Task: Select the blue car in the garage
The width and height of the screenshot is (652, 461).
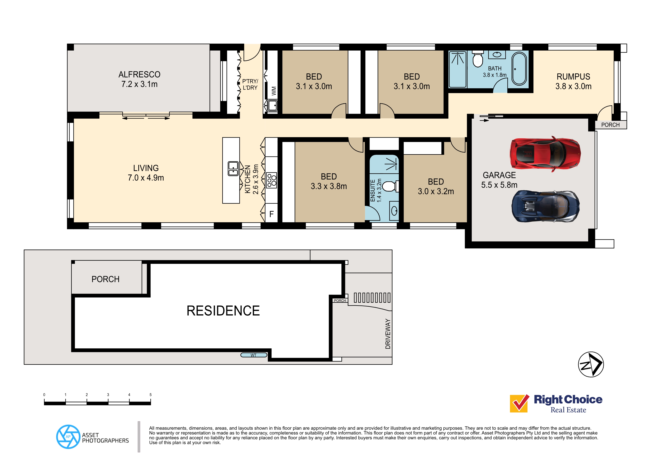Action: (x=545, y=206)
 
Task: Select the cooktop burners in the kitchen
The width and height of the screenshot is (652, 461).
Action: (x=272, y=180)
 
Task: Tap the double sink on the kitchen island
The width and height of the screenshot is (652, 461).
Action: (x=233, y=169)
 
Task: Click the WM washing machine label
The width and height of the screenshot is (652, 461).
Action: (x=273, y=91)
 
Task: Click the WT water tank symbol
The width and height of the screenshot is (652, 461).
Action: (x=254, y=355)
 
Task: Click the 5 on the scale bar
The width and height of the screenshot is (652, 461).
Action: (x=151, y=395)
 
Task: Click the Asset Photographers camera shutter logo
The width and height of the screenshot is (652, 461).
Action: (x=68, y=437)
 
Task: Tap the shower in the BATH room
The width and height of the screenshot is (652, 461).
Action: (x=457, y=69)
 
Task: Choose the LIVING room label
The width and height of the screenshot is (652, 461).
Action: (x=146, y=168)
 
